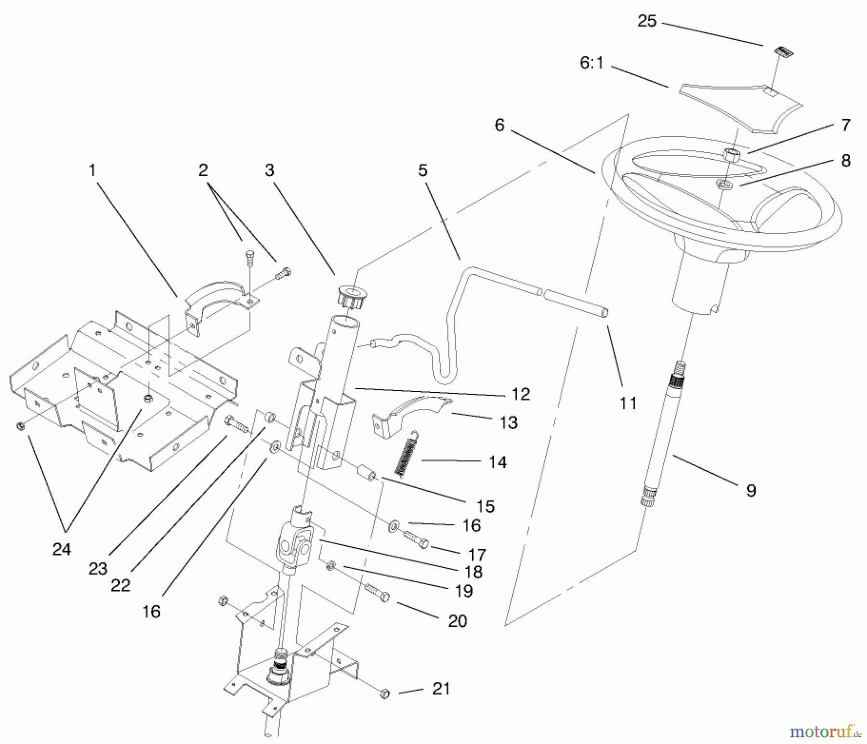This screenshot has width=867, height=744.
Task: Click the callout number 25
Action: pos(647,22)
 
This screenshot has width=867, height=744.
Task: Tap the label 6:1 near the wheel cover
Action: pos(591,63)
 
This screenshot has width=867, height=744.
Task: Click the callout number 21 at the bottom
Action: pos(441,689)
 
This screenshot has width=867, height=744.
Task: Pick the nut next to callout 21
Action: pos(385,694)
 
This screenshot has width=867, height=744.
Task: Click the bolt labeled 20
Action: pos(378,592)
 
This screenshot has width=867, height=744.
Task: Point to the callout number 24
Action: pos(62,549)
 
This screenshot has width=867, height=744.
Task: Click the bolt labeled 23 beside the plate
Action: pos(236,424)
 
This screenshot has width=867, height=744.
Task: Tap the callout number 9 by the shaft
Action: pos(750,491)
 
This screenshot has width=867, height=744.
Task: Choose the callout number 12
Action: pos(520,394)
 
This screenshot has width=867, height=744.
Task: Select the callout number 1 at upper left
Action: pos(92,170)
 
